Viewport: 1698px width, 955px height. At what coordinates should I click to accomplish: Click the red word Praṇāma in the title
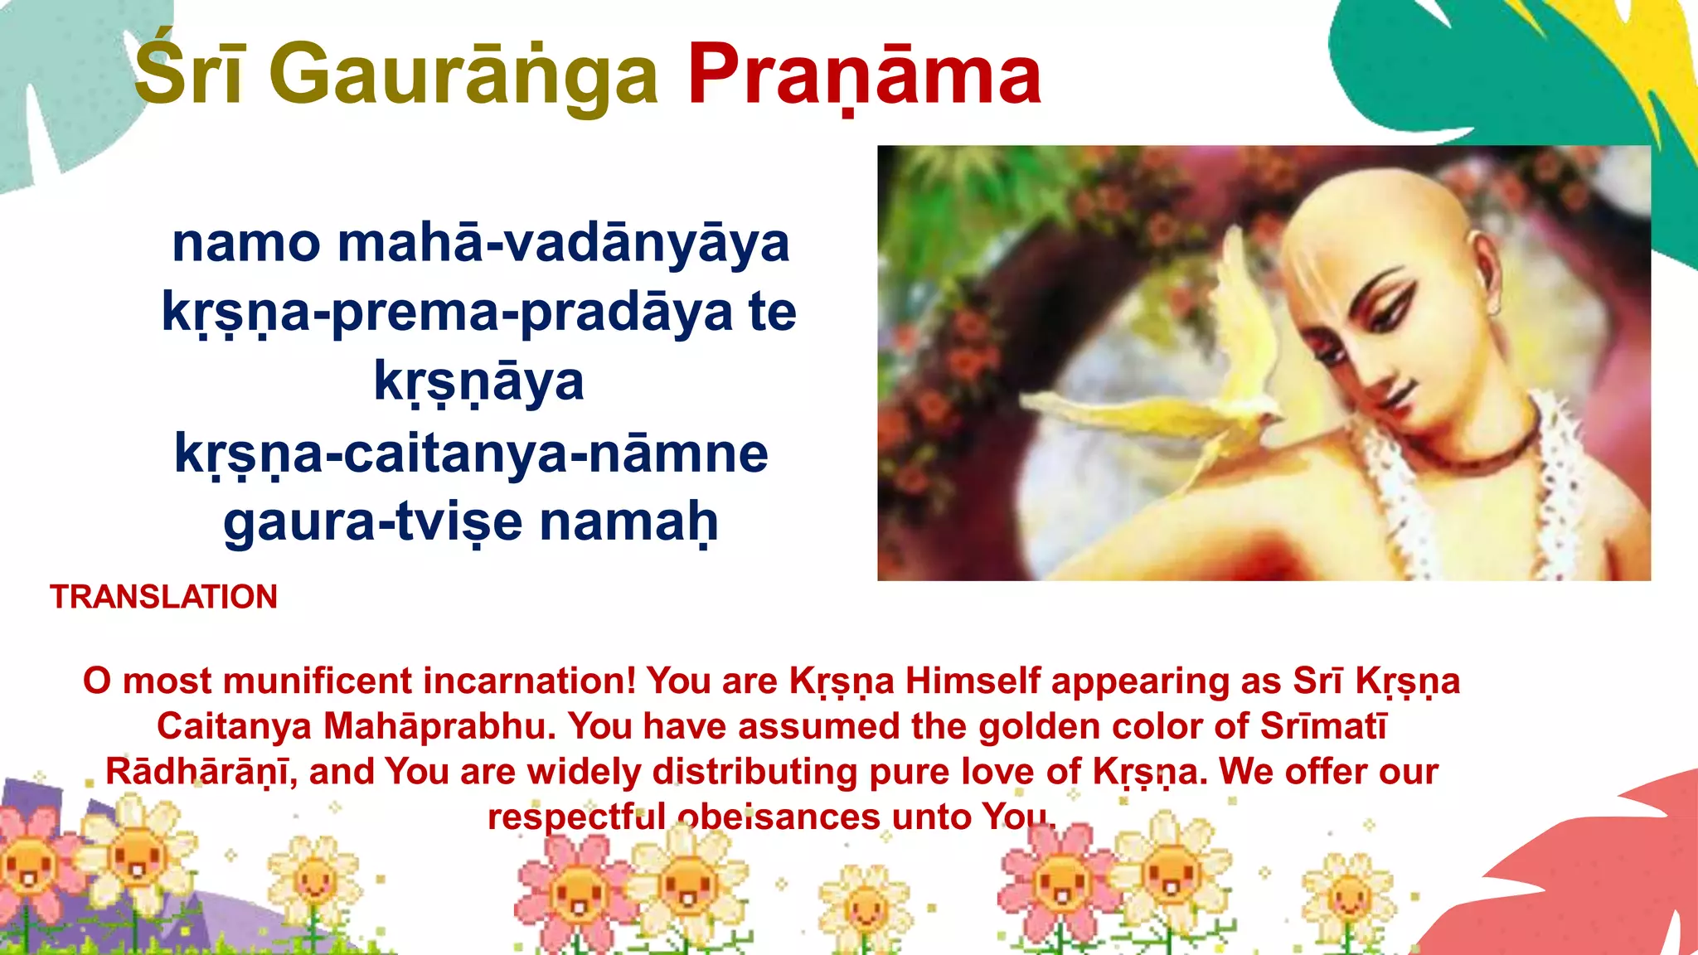864,76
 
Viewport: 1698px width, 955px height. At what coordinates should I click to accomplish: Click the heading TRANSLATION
163,597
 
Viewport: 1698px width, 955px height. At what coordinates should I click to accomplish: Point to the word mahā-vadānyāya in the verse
563,245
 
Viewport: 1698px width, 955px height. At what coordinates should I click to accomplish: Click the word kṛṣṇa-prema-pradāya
448,313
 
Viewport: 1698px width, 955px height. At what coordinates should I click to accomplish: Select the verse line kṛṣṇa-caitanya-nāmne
471,454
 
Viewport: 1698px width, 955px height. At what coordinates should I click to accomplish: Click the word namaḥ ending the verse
628,522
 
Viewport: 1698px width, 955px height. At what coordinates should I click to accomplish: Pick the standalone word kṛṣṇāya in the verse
478,382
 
